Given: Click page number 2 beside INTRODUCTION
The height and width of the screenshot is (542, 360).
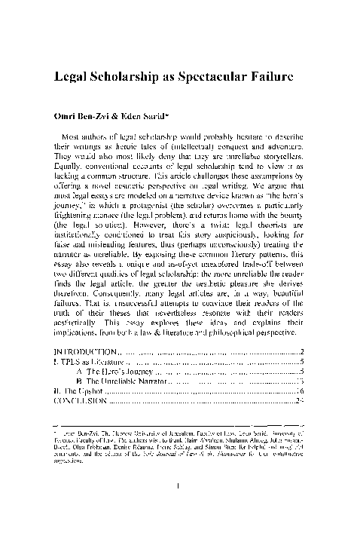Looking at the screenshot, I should click(302, 351).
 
